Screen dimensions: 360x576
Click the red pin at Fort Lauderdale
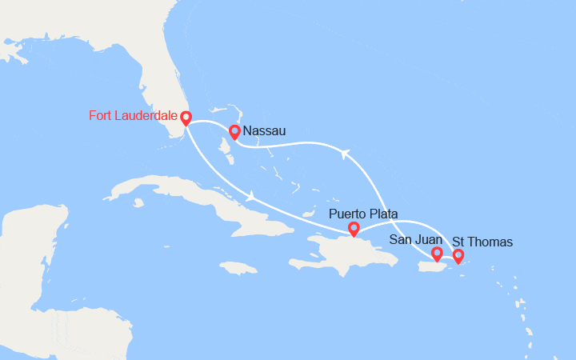(186, 118)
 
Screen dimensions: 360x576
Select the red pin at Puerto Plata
(354, 230)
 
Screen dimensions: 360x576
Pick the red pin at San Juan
(437, 254)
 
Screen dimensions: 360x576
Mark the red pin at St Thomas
(458, 256)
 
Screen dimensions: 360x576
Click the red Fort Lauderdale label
(131, 116)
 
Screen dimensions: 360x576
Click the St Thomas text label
(482, 241)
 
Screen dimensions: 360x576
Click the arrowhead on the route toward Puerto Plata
(252, 196)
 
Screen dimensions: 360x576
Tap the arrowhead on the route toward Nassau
(344, 154)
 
